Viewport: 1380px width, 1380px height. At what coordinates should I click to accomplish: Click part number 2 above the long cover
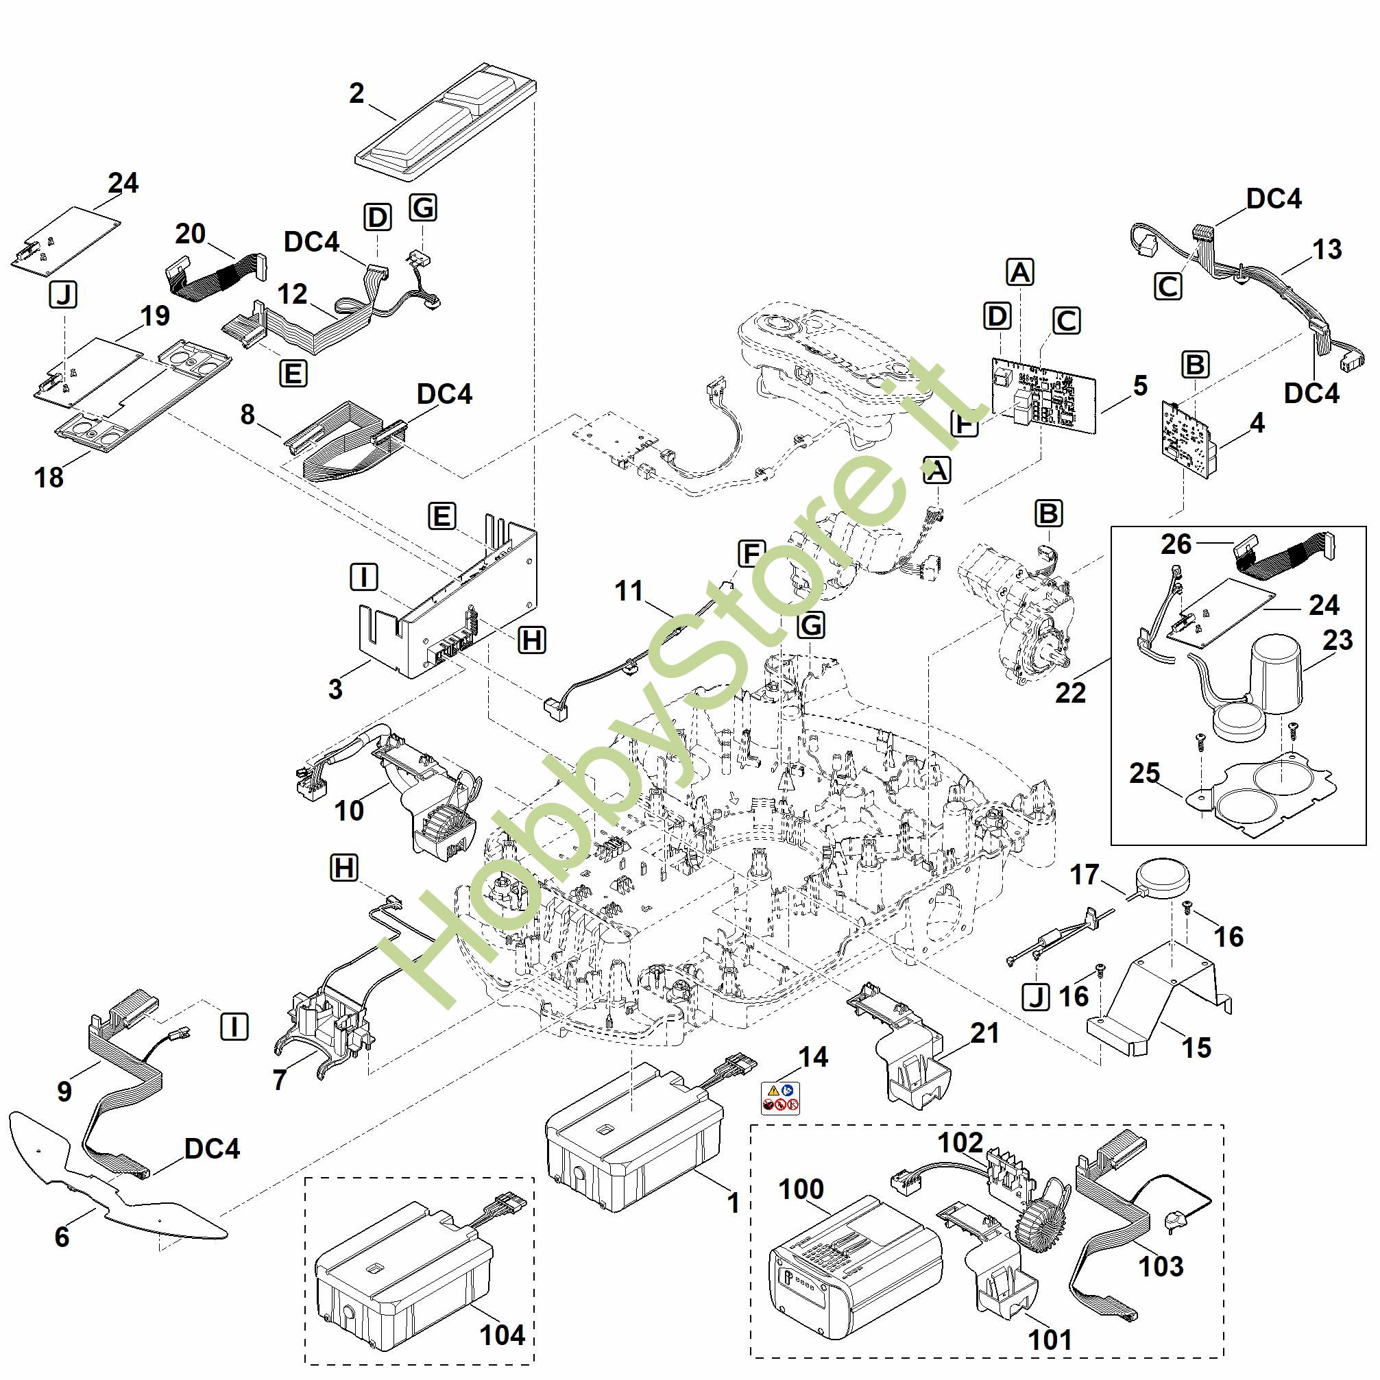(356, 93)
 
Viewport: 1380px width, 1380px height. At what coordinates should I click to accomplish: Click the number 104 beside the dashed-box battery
(502, 1334)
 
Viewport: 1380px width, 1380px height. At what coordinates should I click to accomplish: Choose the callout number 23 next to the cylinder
(1337, 640)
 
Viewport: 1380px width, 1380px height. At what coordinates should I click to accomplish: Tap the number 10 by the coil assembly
(348, 810)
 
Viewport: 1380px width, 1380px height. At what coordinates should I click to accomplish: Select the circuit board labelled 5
(1043, 394)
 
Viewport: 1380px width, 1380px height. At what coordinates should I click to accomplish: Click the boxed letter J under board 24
(64, 294)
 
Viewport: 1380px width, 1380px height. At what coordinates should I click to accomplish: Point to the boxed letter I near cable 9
(234, 1027)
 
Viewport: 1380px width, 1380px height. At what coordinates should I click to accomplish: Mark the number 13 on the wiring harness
(1327, 250)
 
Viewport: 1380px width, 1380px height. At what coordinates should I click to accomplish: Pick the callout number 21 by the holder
(984, 1033)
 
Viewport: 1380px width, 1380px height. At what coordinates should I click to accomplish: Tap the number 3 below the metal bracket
(335, 688)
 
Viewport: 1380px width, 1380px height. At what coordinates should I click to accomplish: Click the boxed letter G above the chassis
(811, 625)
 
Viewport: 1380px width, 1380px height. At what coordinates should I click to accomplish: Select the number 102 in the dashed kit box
(959, 1143)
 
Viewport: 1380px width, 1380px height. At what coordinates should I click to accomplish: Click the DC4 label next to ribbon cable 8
(444, 394)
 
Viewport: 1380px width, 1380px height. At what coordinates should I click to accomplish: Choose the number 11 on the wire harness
(629, 591)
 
